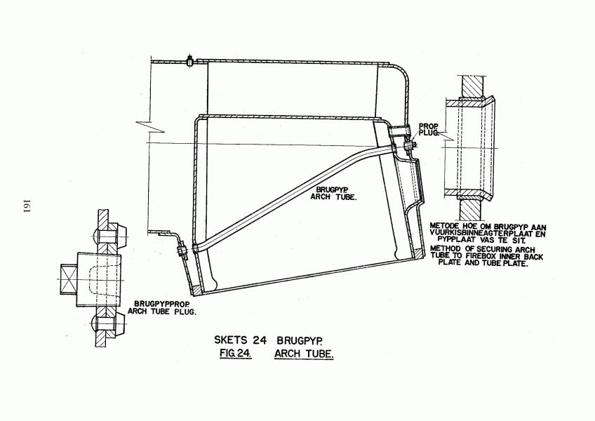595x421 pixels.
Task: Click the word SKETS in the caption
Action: [x=231, y=340]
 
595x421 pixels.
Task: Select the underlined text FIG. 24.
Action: [x=236, y=354]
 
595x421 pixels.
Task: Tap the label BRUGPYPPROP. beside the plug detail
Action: [x=159, y=305]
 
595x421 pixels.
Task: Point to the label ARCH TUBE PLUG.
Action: [x=162, y=312]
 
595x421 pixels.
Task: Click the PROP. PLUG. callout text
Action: [x=429, y=129]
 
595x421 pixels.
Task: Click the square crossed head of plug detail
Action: [x=69, y=279]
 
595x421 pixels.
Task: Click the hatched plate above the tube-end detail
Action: [x=472, y=87]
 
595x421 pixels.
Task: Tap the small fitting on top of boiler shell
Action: [x=189, y=61]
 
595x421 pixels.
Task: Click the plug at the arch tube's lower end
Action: [x=181, y=252]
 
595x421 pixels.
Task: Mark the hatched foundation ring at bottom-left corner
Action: [x=198, y=290]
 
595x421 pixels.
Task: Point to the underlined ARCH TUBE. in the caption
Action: [x=304, y=354]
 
